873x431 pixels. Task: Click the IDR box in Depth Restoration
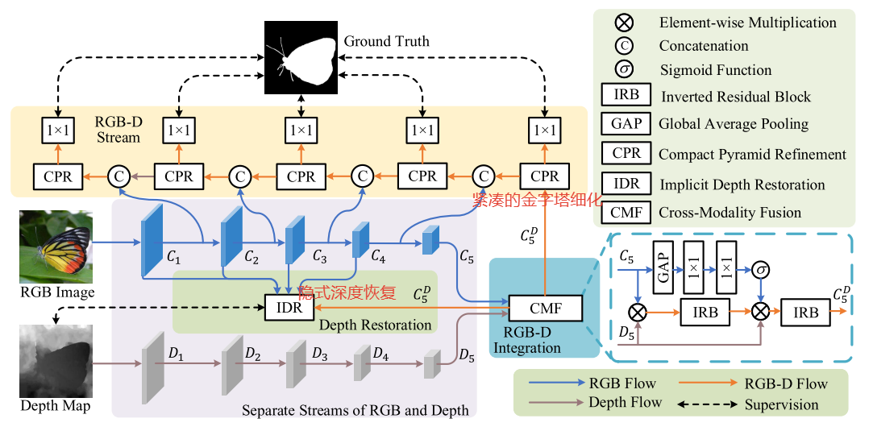289,308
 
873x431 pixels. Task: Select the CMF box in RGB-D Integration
546,308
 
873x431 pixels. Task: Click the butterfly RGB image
56,246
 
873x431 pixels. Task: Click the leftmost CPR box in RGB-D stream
58,176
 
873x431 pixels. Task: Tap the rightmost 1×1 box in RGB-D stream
545,130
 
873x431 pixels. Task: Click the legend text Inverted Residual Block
735,97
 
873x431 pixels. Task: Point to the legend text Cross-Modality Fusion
730,213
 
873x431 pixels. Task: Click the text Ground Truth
386,40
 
